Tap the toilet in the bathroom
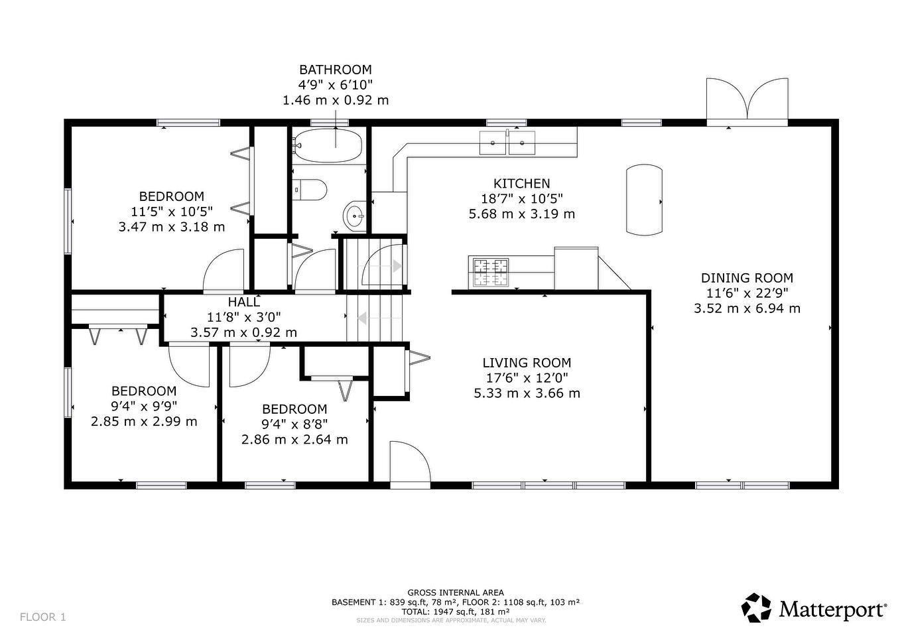(310, 190)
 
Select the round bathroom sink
(355, 215)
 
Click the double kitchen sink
(508, 143)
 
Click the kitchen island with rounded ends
(644, 200)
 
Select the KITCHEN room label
(521, 184)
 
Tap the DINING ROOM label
(747, 279)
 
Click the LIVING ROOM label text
(527, 363)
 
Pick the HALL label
(243, 302)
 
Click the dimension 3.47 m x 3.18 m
(171, 227)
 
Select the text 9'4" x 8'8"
(294, 424)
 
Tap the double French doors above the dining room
(747, 101)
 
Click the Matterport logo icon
(756, 607)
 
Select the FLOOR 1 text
(43, 617)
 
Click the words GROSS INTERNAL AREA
(455, 593)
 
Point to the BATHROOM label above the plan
(335, 70)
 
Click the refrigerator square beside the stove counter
(576, 268)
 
